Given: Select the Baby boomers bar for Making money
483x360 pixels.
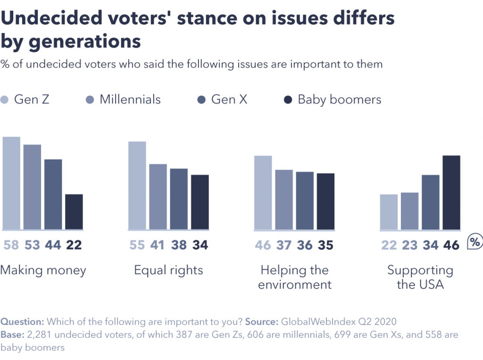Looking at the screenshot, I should tap(74, 212).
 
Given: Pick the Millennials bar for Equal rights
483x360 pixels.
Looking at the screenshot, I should tap(158, 197).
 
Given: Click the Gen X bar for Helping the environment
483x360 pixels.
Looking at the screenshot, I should tap(305, 201).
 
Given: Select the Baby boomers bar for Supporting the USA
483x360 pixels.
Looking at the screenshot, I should tap(451, 193).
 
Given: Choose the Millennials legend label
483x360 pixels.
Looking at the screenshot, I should tap(130, 100).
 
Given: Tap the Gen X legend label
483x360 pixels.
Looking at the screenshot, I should tap(229, 100).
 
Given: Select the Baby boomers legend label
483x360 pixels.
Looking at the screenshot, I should tap(339, 100).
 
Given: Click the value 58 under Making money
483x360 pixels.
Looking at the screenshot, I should tap(12, 245).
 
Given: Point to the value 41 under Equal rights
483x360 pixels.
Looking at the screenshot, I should tap(158, 245).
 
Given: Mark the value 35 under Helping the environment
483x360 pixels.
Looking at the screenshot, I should tap(325, 245).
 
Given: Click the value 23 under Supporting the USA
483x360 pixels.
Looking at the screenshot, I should tap(409, 245).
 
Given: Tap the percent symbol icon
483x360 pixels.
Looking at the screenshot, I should tap(475, 243).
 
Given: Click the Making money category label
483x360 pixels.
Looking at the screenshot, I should tap(43, 270).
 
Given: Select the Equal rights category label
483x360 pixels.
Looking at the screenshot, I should tap(168, 270).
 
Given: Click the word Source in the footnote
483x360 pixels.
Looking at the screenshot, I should tap(261, 322).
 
